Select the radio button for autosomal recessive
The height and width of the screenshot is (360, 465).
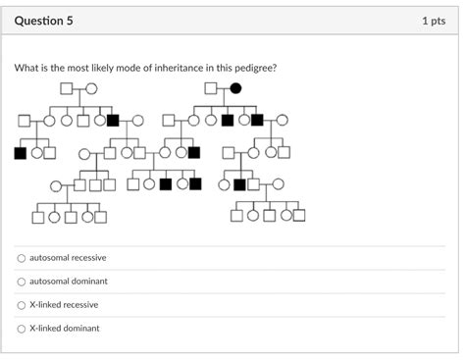point(22,258)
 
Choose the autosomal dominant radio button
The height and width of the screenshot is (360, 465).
point(22,282)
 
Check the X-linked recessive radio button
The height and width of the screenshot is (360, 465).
point(22,305)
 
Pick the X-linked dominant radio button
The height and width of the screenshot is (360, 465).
point(22,329)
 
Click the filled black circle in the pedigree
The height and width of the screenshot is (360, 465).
point(235,88)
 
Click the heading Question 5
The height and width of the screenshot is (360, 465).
point(43,21)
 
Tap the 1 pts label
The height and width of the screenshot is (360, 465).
point(434,21)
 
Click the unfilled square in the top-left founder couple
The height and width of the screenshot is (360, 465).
point(67,88)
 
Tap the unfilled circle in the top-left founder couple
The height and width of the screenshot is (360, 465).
point(91,88)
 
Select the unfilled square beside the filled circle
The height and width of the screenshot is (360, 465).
point(211,88)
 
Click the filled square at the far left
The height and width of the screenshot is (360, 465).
point(21,153)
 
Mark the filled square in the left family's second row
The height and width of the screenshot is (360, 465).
point(113,121)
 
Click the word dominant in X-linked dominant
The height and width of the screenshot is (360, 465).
point(82,329)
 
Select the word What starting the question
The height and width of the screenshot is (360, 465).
point(25,68)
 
